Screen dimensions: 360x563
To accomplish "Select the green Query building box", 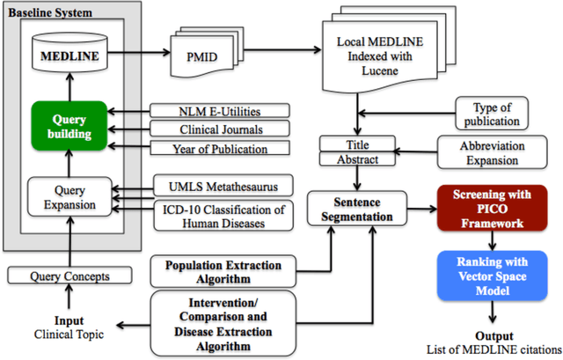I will [x=68, y=125].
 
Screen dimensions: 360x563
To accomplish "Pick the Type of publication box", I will [x=497, y=114].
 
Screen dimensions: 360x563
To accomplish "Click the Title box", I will [x=358, y=144].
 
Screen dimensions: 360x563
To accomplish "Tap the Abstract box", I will [x=358, y=159].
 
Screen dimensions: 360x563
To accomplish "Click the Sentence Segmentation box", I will [x=361, y=211].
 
